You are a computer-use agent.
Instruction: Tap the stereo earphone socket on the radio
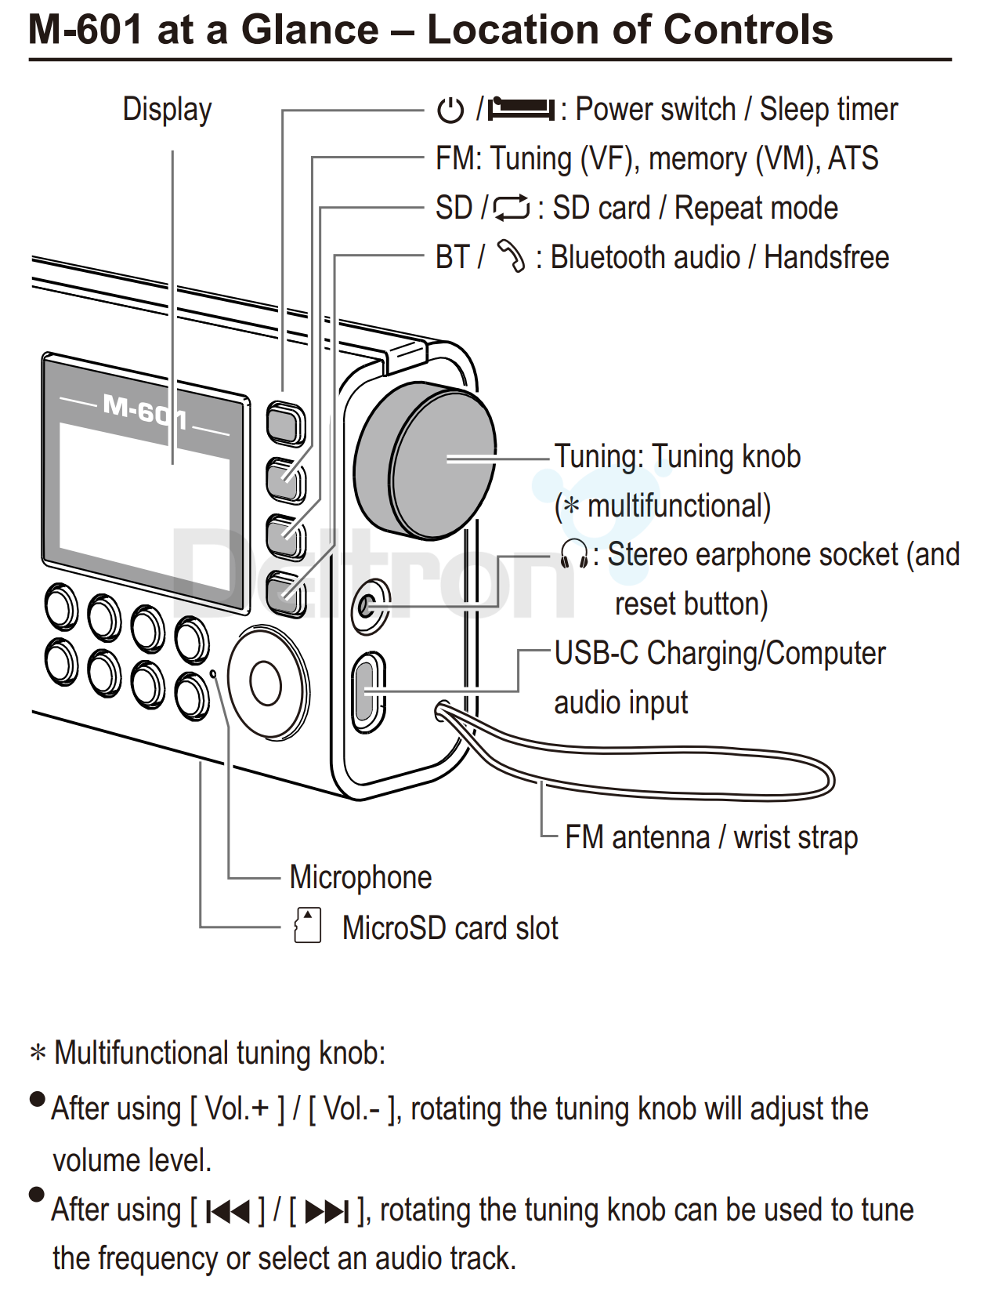click(367, 606)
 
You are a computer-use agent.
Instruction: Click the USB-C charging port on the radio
click(365, 691)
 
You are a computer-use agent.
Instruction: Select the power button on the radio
click(285, 424)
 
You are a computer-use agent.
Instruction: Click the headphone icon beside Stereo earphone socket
click(574, 554)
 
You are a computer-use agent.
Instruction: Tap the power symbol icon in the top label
click(450, 111)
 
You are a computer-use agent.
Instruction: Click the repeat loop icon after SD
click(512, 209)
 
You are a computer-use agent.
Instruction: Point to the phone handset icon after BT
click(511, 256)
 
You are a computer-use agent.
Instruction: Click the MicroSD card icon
click(307, 926)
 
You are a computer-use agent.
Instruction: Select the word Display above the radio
click(167, 110)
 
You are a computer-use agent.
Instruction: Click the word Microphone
click(360, 877)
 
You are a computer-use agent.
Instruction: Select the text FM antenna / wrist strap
click(711, 837)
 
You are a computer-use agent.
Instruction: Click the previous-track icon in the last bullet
click(228, 1212)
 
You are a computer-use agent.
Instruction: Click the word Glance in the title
click(310, 30)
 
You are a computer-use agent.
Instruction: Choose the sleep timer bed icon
click(521, 109)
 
